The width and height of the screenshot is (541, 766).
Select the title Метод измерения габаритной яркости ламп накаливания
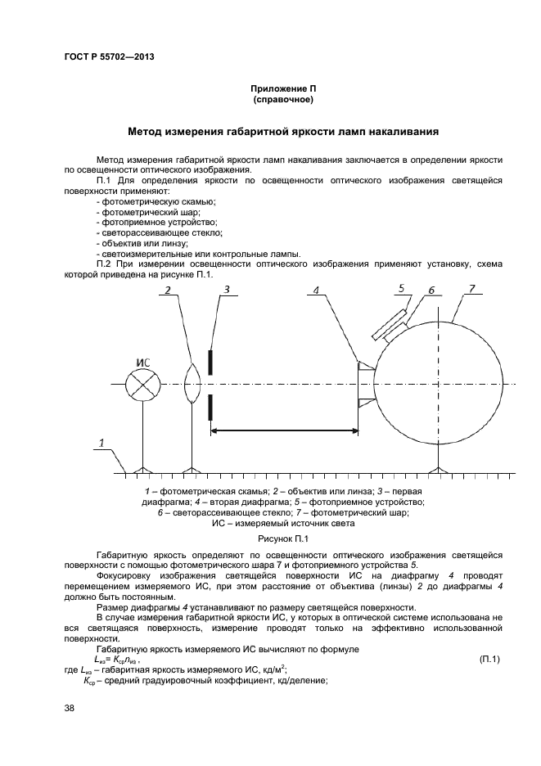[x=284, y=130]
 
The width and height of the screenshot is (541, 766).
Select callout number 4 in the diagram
[x=316, y=290]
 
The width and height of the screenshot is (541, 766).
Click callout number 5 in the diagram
[x=402, y=287]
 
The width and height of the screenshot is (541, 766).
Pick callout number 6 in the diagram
[x=431, y=290]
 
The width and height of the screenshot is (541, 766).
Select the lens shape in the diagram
[x=192, y=384]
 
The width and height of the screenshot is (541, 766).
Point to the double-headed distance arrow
[x=284, y=430]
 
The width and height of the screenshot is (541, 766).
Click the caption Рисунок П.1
[x=282, y=538]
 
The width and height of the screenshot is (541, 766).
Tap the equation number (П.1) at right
[x=489, y=659]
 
